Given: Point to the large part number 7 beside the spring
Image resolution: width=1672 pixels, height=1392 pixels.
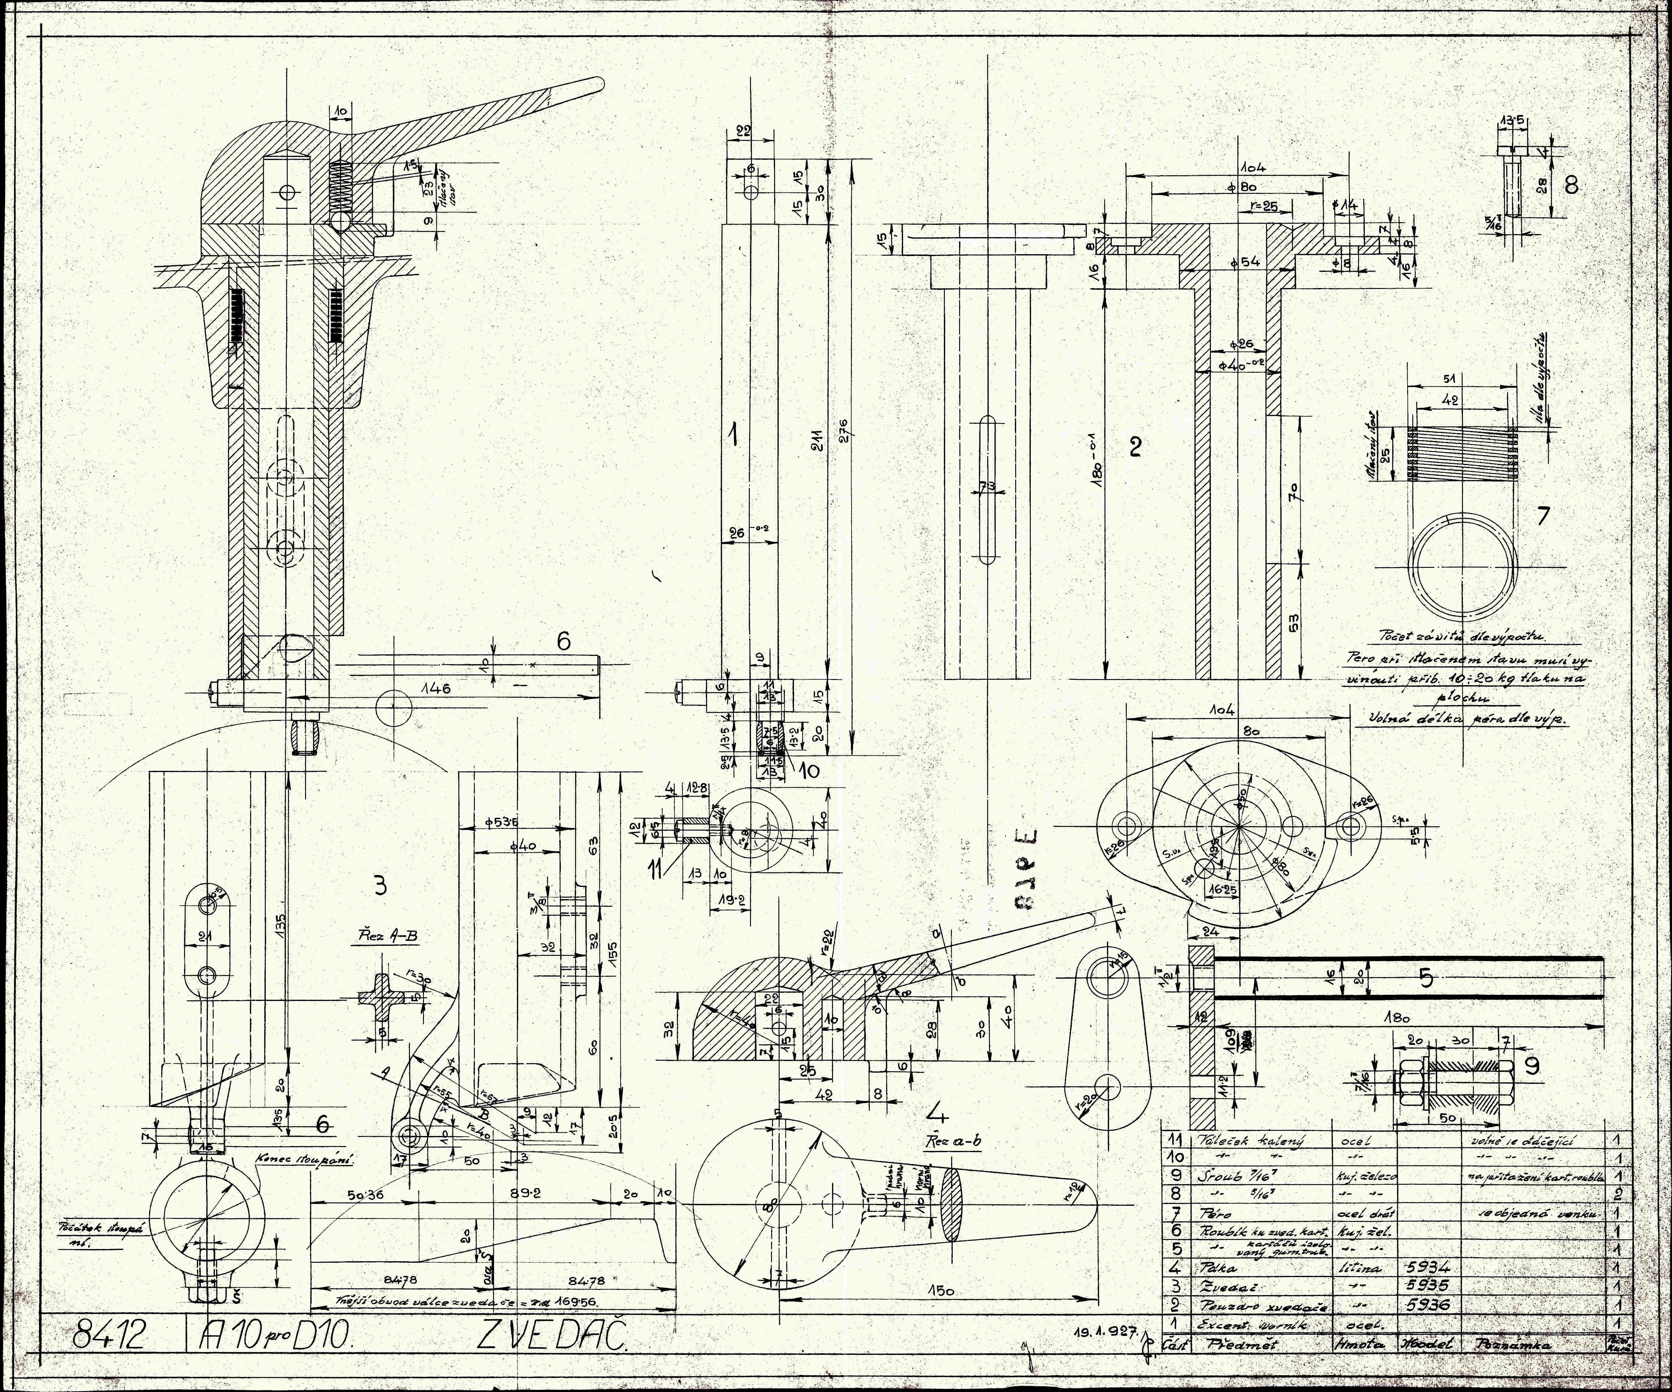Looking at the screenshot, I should pyautogui.click(x=1543, y=516).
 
